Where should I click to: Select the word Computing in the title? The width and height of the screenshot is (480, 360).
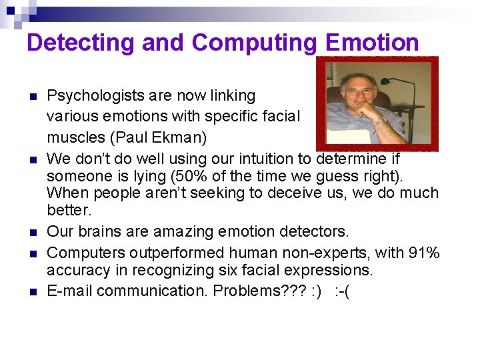click(x=254, y=43)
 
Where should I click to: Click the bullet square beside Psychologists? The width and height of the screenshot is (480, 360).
click(x=31, y=97)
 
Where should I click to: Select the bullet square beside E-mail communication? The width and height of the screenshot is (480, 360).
click(x=31, y=292)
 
